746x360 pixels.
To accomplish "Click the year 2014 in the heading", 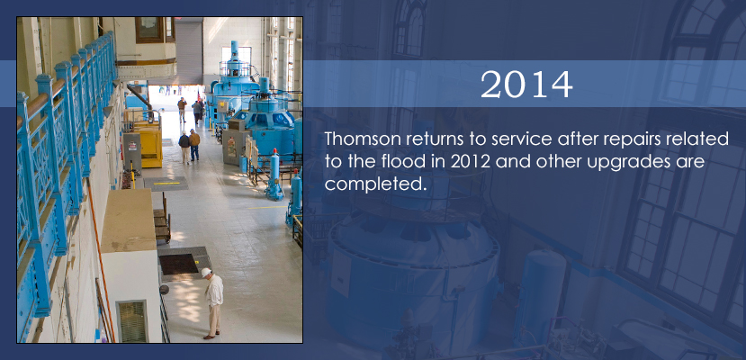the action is tap(526, 85).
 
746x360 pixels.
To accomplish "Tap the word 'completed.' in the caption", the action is tap(374, 184).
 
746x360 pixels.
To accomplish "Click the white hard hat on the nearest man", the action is tap(206, 272).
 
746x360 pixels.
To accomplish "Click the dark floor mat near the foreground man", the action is tap(178, 264).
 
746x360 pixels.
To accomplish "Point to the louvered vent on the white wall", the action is tap(132, 321).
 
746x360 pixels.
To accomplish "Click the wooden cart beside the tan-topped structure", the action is tap(162, 220).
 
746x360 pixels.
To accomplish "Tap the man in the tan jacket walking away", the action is tap(194, 145).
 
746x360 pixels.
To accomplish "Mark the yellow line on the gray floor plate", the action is tap(166, 183).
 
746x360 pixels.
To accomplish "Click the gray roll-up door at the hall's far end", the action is tap(189, 52).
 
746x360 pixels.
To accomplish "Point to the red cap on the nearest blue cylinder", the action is tap(274, 151).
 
